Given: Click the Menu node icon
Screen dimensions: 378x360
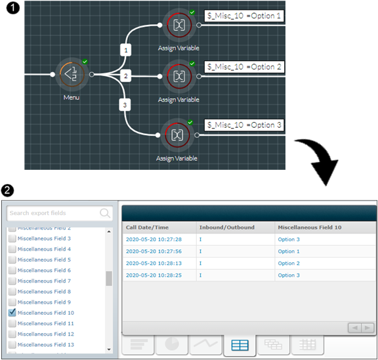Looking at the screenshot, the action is pyautogui.click(x=72, y=75).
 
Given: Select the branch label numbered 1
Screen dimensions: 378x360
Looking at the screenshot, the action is pyautogui.click(x=125, y=50).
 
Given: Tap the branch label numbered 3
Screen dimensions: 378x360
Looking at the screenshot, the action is pyautogui.click(x=125, y=105).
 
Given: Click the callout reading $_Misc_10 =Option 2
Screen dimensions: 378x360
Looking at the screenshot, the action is pyautogui.click(x=244, y=67).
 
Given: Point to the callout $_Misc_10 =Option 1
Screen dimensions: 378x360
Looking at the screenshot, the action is pyautogui.click(x=244, y=16).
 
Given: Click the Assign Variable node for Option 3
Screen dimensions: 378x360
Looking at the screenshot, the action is pyautogui.click(x=177, y=135).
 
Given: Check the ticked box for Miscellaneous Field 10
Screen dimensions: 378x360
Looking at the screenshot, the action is pyautogui.click(x=12, y=313).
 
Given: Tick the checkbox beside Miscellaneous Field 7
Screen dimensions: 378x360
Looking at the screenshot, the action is pyautogui.click(x=12, y=281).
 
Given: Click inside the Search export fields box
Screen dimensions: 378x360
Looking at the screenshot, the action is pyautogui.click(x=53, y=213).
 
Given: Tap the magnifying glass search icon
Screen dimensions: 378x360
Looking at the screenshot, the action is pyautogui.click(x=105, y=213).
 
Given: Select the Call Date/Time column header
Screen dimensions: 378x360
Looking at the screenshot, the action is pyautogui.click(x=147, y=228).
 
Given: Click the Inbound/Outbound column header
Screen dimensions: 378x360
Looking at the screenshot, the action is pyautogui.click(x=226, y=228).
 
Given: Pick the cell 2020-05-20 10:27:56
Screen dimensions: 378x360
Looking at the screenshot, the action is pyautogui.click(x=154, y=251).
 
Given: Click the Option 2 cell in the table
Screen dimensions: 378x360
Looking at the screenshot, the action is pyautogui.click(x=289, y=264).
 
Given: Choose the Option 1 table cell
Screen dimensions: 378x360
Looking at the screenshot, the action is pyautogui.click(x=289, y=251).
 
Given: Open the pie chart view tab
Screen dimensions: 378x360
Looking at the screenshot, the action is pyautogui.click(x=172, y=344).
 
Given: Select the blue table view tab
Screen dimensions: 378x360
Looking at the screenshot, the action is pyautogui.click(x=240, y=345).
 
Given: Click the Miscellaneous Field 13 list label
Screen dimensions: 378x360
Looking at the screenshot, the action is pyautogui.click(x=46, y=344).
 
